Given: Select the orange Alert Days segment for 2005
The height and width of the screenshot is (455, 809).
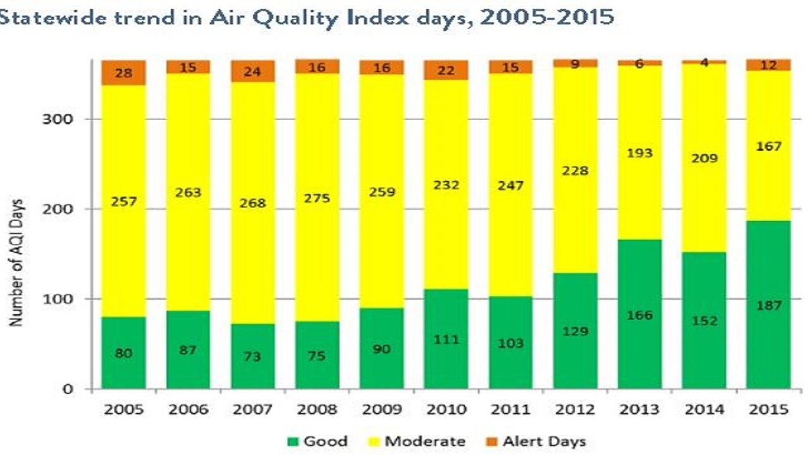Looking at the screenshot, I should tap(124, 73).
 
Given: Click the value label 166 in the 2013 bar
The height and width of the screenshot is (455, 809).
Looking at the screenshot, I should tap(639, 315).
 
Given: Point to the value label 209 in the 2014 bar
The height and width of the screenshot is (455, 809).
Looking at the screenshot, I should tap(704, 158).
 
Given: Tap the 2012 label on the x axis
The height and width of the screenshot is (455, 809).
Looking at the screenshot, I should tap(575, 409).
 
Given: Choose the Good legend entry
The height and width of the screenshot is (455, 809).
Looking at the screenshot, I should tap(317, 441).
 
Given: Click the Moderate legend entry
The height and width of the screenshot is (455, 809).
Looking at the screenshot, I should tap(417, 441).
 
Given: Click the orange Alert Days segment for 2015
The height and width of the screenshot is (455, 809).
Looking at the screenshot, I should tap(768, 65).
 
